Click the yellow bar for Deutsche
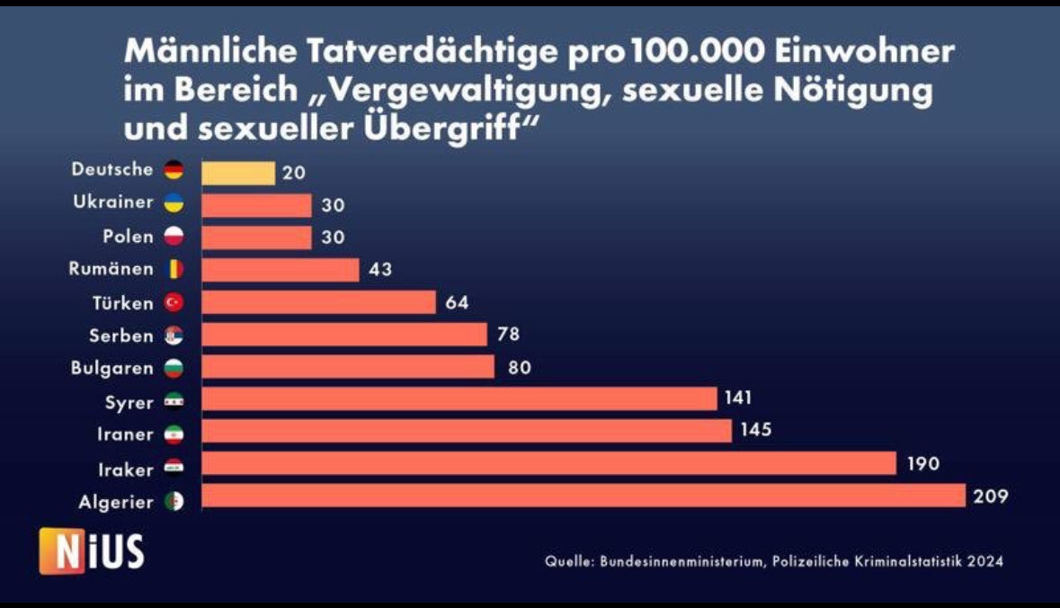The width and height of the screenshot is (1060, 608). (238, 173)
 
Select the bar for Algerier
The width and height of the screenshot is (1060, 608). (583, 496)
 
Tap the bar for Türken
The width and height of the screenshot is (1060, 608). (319, 302)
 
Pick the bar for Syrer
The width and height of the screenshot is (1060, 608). (459, 399)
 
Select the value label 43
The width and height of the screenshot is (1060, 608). (382, 269)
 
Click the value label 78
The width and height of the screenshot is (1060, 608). (509, 334)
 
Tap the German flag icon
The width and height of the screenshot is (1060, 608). (174, 169)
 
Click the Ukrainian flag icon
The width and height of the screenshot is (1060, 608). (174, 202)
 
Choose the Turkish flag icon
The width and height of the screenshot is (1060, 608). (174, 303)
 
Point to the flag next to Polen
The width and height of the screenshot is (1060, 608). (174, 237)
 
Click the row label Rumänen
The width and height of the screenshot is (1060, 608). (112, 268)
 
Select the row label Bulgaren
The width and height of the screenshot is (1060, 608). (112, 368)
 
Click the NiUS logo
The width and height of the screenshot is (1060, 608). (92, 551)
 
